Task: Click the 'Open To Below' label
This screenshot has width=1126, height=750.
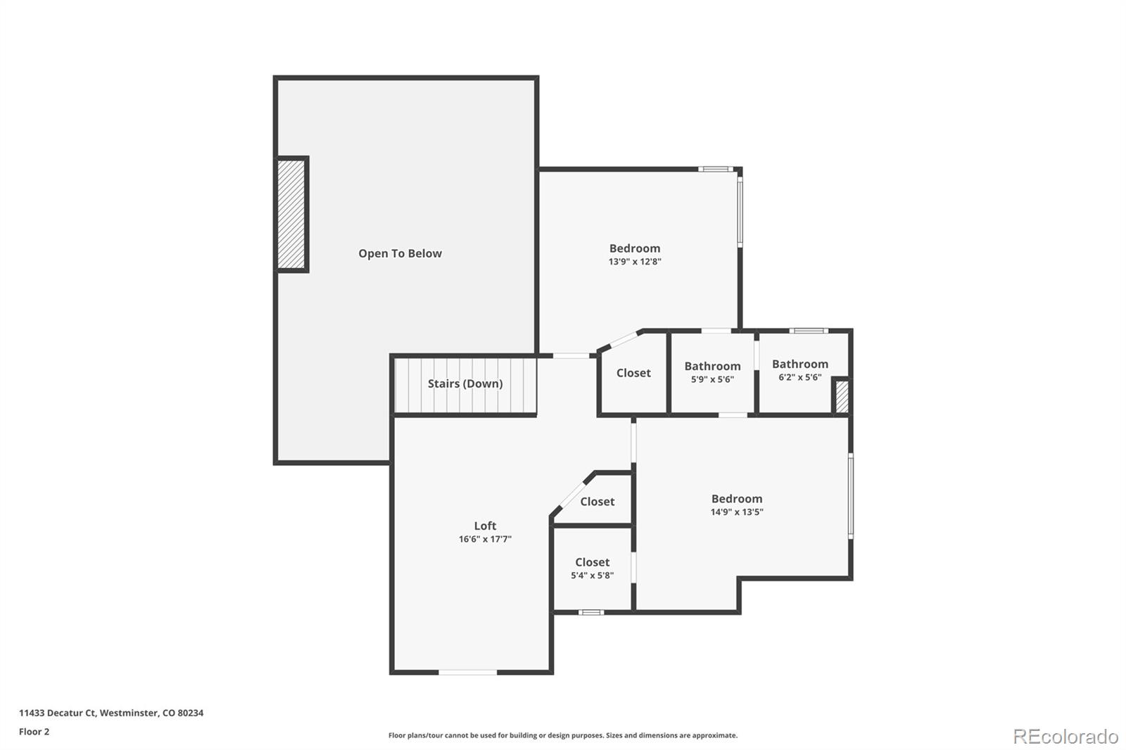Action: click(x=400, y=253)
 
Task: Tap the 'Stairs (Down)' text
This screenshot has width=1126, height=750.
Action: click(x=465, y=383)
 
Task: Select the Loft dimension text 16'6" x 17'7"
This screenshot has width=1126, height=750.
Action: click(x=485, y=540)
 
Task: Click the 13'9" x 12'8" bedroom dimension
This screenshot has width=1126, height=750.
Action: click(x=635, y=262)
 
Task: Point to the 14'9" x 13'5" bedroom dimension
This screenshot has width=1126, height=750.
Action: click(x=736, y=512)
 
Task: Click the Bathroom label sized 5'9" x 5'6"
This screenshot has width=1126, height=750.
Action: click(x=712, y=366)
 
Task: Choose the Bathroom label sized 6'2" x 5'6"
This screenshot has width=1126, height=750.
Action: click(x=799, y=364)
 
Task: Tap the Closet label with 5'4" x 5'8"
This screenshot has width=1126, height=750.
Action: click(x=592, y=562)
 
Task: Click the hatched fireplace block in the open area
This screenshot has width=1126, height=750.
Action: click(x=291, y=214)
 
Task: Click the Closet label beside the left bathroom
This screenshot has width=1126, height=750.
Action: click(x=633, y=373)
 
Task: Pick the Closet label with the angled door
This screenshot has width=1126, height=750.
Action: click(x=597, y=502)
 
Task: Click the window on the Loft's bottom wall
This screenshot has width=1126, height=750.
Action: click(x=467, y=673)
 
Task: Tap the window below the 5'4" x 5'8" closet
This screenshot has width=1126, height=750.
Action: click(x=591, y=612)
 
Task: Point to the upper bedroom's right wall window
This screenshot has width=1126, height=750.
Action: click(x=740, y=211)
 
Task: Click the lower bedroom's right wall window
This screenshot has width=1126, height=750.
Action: click(x=850, y=496)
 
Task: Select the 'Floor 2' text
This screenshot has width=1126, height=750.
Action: click(x=34, y=732)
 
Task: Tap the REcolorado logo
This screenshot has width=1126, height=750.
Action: click(x=1065, y=737)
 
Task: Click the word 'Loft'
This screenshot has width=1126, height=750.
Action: click(x=485, y=526)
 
